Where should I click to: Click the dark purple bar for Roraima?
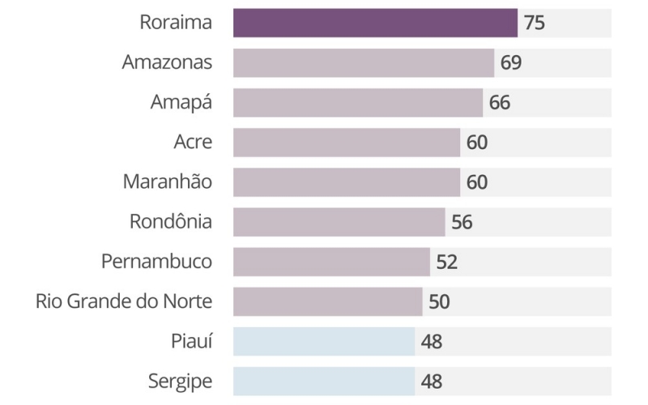(375, 23)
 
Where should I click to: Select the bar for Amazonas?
(364, 62)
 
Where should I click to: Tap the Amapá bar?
(358, 103)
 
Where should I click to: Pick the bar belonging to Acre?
(347, 143)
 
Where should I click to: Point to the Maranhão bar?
(347, 182)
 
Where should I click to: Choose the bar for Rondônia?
(339, 222)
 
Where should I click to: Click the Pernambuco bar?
(331, 262)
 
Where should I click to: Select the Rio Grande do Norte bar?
(328, 301)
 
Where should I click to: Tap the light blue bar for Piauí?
(324, 342)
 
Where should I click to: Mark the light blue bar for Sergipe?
(324, 382)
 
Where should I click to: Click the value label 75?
(535, 23)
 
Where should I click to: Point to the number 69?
(511, 62)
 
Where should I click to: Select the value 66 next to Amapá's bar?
(500, 103)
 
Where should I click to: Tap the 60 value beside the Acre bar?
(477, 143)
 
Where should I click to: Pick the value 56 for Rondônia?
(462, 222)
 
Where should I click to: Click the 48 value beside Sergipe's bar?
(432, 382)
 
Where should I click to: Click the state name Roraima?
(176, 23)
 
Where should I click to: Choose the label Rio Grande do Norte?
(124, 302)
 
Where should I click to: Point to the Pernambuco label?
(157, 262)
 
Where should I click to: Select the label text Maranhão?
(168, 182)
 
